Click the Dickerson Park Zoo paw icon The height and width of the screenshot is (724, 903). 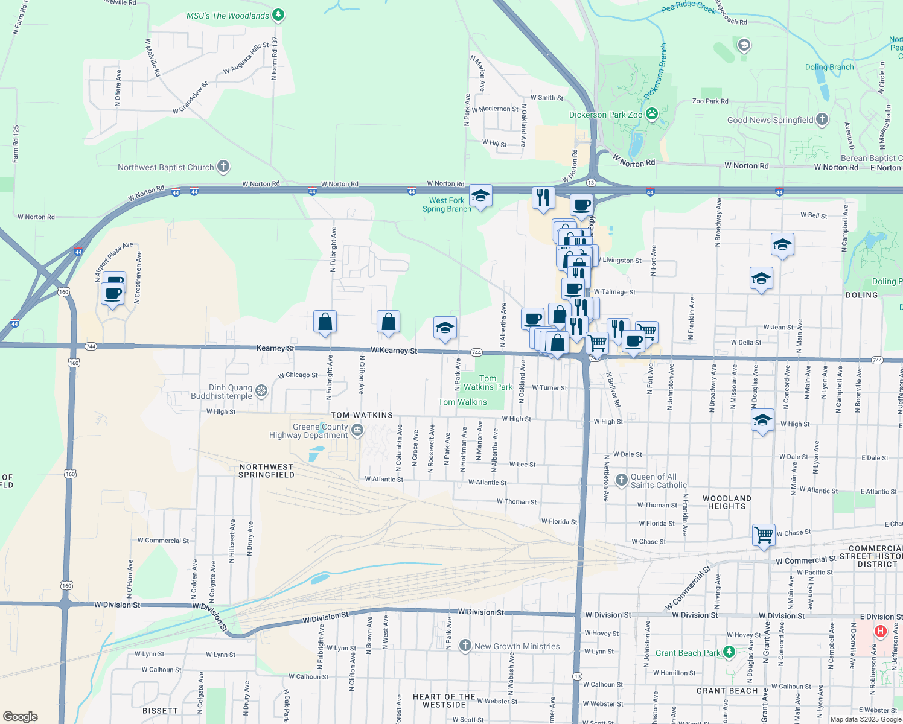tap(652, 113)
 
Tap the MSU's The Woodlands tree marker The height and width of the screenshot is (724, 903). tap(278, 15)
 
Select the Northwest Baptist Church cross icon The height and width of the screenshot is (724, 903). tap(223, 167)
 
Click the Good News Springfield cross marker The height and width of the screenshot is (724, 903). tap(822, 119)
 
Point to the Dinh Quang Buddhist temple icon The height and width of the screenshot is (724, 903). tap(261, 390)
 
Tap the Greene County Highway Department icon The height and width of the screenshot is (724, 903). tap(357, 430)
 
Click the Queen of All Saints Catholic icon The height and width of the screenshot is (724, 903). tap(621, 480)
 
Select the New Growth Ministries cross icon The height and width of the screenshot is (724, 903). tap(465, 646)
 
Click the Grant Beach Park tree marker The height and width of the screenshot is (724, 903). tap(729, 652)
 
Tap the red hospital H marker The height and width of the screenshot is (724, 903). tap(881, 632)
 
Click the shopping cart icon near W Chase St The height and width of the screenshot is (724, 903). tap(764, 535)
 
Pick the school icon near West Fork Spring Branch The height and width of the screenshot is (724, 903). tap(480, 195)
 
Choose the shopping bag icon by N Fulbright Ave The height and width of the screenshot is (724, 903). tap(325, 322)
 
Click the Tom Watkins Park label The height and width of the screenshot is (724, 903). tap(488, 383)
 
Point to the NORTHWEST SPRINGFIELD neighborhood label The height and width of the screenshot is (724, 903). tap(266, 471)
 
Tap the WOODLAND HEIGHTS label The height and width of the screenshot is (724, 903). tap(727, 502)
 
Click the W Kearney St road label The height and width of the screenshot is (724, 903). tap(394, 350)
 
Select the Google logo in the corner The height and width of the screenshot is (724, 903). tap(21, 716)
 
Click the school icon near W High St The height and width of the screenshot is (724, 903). tap(762, 421)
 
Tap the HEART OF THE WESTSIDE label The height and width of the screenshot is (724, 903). tap(444, 700)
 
